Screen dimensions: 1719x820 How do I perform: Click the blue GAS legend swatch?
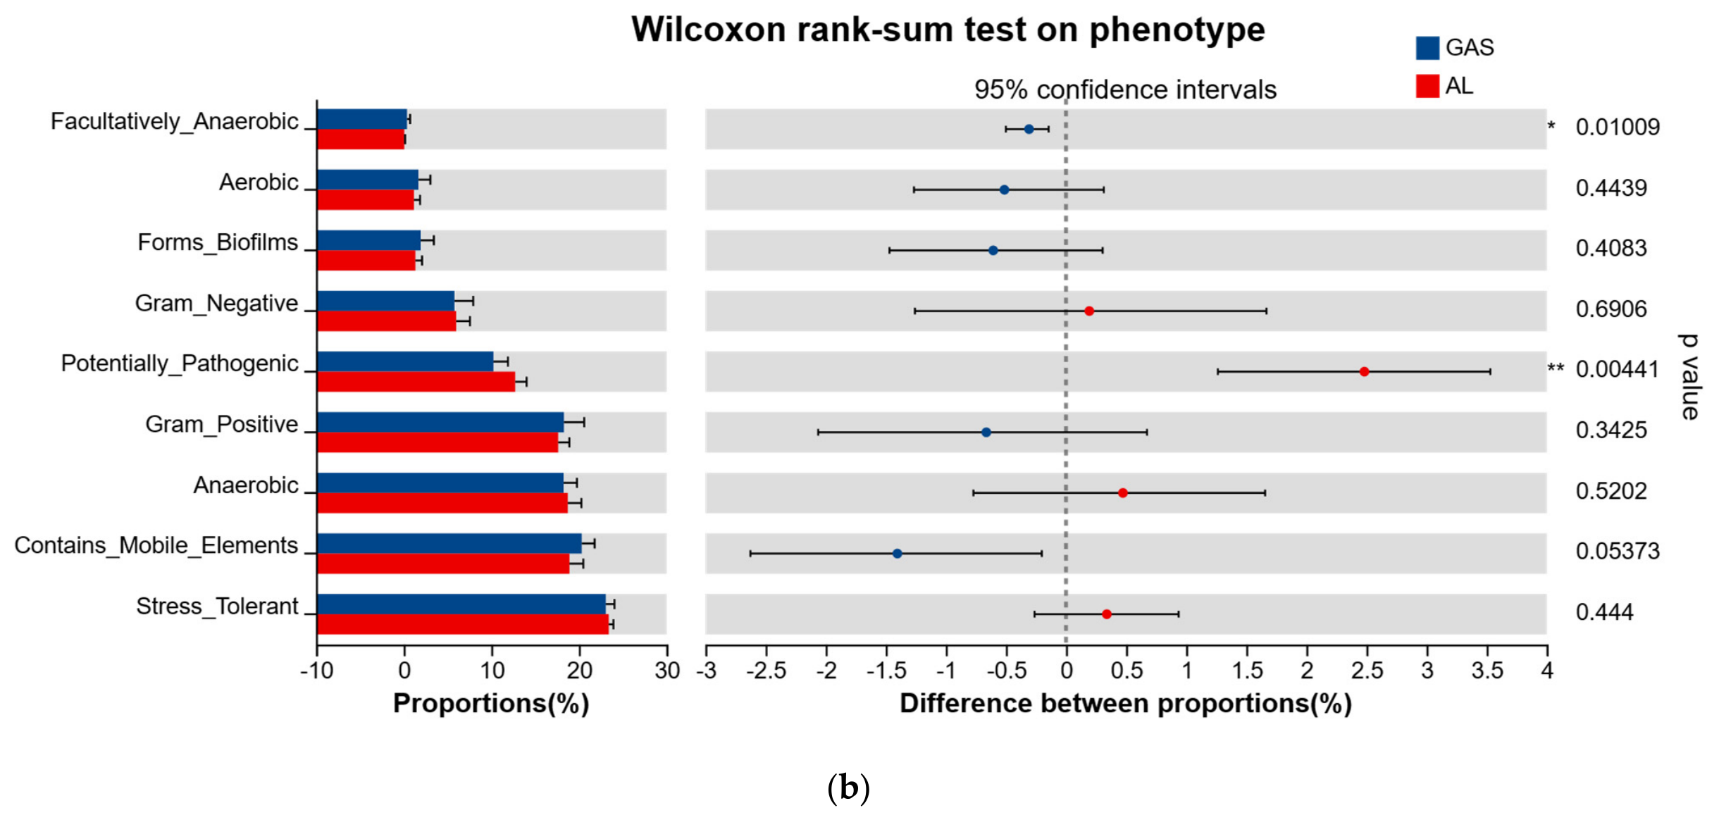coord(1427,48)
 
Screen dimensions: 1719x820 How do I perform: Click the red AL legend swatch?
coord(1427,86)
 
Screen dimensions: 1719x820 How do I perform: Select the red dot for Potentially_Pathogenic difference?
coord(1364,371)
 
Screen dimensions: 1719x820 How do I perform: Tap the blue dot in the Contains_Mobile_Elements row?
coord(897,554)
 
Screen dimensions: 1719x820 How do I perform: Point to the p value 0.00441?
coord(1618,369)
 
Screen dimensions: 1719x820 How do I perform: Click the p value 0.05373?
coord(1618,551)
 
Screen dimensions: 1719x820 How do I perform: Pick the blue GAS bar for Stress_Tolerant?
coord(461,604)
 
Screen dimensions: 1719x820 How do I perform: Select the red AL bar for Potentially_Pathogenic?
coord(416,381)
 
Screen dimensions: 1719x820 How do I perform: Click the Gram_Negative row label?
coord(217,303)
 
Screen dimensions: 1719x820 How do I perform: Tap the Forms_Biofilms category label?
coord(218,242)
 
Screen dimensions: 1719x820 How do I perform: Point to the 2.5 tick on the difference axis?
coord(1367,670)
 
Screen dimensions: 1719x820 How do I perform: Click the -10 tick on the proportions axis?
coord(316,670)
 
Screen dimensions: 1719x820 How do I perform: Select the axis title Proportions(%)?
coord(491,703)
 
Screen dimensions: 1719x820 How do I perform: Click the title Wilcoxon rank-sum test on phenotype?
coord(948,30)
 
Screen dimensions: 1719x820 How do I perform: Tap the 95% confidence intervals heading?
coord(1125,89)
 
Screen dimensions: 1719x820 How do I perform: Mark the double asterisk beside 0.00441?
coord(1556,368)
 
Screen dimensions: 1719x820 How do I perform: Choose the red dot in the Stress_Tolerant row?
coord(1106,614)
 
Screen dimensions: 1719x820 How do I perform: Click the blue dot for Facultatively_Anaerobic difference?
coord(1029,129)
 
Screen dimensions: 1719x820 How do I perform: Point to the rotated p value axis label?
coord(1689,376)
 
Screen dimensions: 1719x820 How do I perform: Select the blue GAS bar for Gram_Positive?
coord(440,422)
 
